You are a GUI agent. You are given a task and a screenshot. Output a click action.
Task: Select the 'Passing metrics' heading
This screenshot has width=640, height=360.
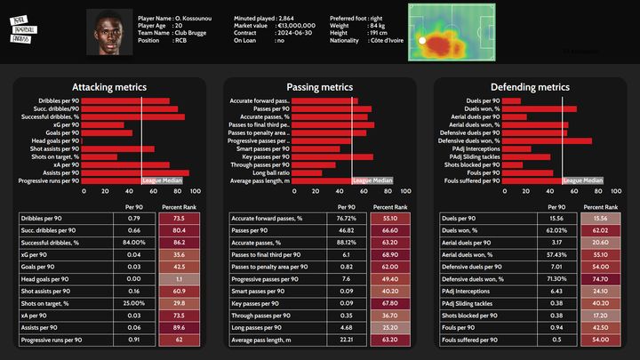coord(319,87)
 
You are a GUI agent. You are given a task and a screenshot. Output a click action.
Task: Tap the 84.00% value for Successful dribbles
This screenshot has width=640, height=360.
coord(133,242)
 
